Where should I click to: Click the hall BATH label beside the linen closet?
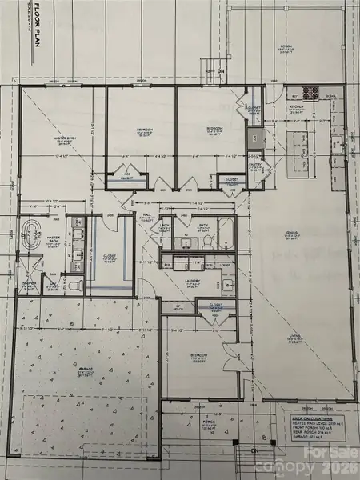pyautogui.click(x=203, y=226)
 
